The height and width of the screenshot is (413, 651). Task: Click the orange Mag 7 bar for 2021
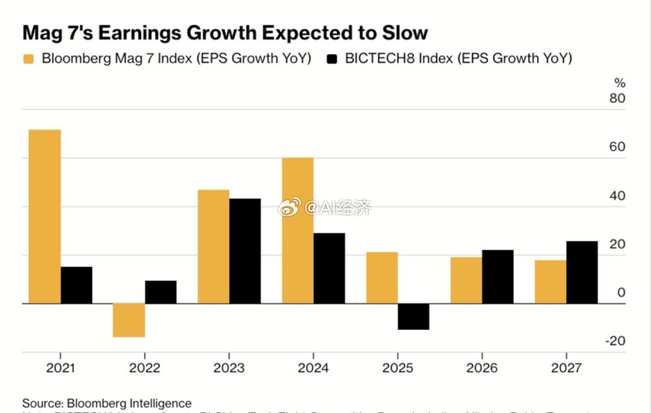(x=45, y=216)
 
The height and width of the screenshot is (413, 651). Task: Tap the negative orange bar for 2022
(x=128, y=320)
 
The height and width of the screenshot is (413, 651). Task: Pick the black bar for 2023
(x=245, y=251)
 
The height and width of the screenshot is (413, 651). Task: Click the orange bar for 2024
(x=297, y=230)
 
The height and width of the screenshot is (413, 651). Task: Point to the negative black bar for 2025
(x=414, y=317)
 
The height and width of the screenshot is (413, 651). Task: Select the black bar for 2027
(x=582, y=272)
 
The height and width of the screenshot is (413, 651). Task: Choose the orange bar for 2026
(x=466, y=280)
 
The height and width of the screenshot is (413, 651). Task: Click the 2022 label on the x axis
(x=144, y=368)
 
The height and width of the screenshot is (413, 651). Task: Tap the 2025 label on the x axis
(x=397, y=368)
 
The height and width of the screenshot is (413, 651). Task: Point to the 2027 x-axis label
(x=566, y=368)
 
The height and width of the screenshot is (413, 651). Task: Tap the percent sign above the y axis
(x=620, y=83)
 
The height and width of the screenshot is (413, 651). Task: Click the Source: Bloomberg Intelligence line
(x=107, y=403)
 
